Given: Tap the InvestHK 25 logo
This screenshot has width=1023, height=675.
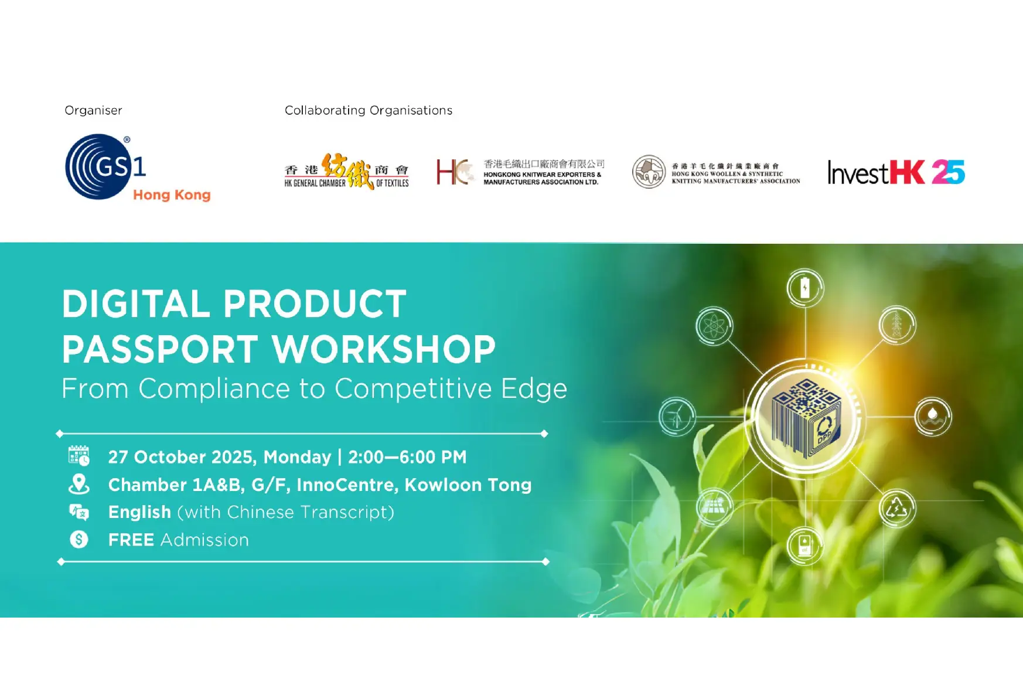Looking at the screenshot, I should coord(895,172).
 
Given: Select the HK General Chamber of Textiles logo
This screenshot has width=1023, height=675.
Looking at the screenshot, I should coord(346,172).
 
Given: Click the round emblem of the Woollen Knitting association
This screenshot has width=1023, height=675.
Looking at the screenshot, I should coord(649,172).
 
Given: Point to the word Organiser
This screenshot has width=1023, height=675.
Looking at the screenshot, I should coord(93,110).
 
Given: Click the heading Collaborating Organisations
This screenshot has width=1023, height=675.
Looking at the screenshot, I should coord(368,110).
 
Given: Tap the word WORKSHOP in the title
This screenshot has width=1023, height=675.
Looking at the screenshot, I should coord(384,349).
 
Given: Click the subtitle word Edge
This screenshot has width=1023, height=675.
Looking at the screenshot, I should coord(534,388).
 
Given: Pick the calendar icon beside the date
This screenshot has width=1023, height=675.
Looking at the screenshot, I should coord(79,456).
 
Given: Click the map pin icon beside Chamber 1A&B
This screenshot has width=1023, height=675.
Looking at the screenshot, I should coord(79,484).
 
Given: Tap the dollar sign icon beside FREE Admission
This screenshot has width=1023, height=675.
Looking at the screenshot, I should coord(79,539).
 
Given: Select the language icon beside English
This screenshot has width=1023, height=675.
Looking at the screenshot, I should coord(79,512).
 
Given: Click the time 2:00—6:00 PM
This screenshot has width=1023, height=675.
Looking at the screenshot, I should coord(407,457).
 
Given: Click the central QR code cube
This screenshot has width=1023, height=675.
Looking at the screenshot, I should coord(806,417).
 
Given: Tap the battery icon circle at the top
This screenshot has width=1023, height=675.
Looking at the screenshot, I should coord(805,288).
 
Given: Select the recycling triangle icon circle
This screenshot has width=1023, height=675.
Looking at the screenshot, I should coord(896,508).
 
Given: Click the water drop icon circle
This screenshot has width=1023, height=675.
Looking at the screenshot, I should coord(933,416).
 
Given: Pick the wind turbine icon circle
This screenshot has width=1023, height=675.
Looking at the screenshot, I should coord(677,417).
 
